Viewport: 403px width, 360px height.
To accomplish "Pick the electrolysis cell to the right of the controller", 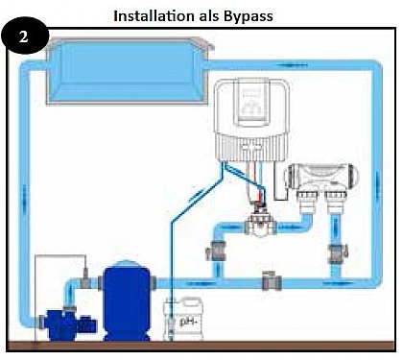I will [324, 180].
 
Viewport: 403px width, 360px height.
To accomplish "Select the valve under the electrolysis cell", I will [336, 253].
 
